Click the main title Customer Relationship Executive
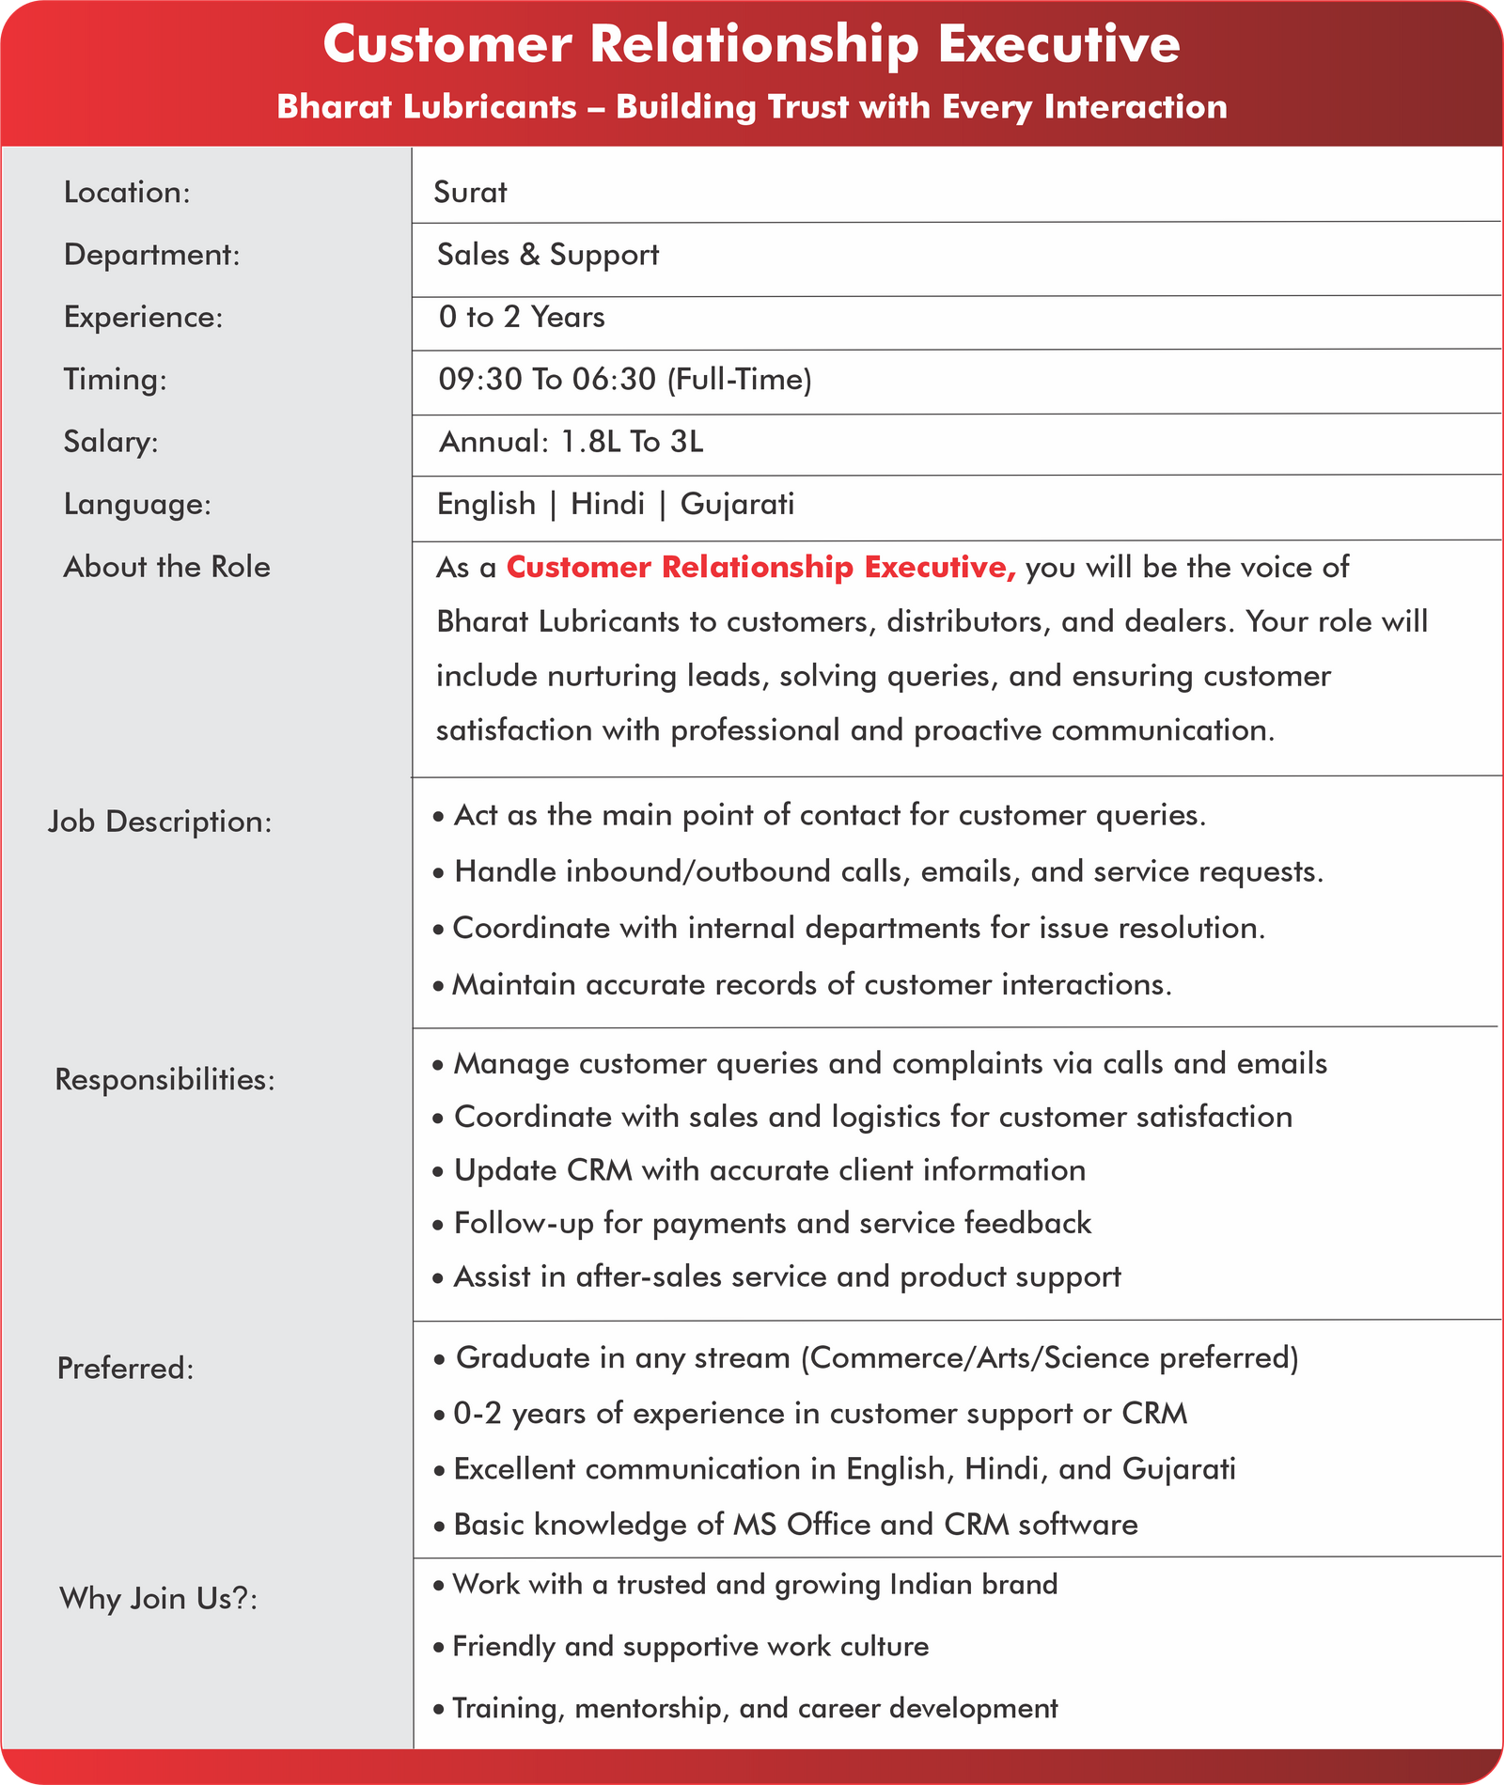tap(751, 44)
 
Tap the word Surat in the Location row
tap(470, 192)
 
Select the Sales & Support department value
tap(548, 255)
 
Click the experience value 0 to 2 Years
tap(522, 317)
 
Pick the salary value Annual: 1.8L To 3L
tap(572, 442)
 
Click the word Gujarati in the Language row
tap(737, 505)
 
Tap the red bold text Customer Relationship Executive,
tap(761, 568)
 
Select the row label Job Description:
tap(160, 822)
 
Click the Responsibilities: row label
tap(165, 1080)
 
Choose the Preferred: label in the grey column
tap(126, 1369)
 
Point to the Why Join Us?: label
tap(159, 1599)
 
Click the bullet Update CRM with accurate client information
tap(769, 1170)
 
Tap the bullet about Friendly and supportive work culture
tap(690, 1647)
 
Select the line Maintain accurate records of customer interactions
tap(811, 985)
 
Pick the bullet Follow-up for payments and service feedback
tap(772, 1224)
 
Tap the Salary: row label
tap(111, 442)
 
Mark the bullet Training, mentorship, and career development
tap(755, 1708)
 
